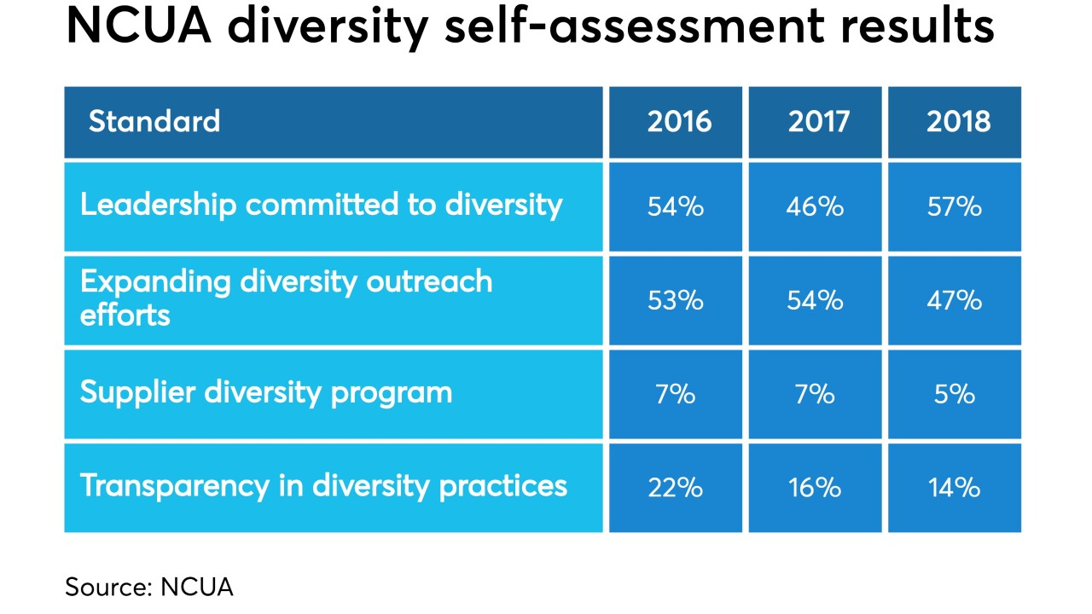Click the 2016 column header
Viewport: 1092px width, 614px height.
(x=678, y=122)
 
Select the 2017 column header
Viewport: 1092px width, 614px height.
(x=818, y=122)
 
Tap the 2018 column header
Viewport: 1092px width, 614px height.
(x=958, y=122)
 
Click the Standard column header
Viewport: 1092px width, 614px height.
(x=154, y=122)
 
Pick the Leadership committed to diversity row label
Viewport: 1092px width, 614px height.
(x=322, y=206)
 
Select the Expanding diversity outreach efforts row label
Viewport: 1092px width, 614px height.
(x=287, y=298)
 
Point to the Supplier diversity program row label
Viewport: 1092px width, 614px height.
(x=266, y=393)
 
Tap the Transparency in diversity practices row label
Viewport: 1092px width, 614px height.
(x=323, y=486)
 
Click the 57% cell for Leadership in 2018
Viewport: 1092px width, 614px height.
(x=955, y=206)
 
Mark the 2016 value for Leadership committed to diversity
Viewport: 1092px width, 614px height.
(x=675, y=206)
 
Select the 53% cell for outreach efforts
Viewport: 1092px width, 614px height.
(x=675, y=300)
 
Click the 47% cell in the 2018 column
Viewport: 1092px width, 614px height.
(x=955, y=300)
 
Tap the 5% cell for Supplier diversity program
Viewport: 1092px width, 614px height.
(x=955, y=394)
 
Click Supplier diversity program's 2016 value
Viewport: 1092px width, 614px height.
(x=675, y=394)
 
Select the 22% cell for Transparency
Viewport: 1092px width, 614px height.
(x=675, y=488)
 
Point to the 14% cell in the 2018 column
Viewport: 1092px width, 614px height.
(x=955, y=488)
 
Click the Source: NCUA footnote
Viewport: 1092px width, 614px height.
(x=148, y=587)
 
